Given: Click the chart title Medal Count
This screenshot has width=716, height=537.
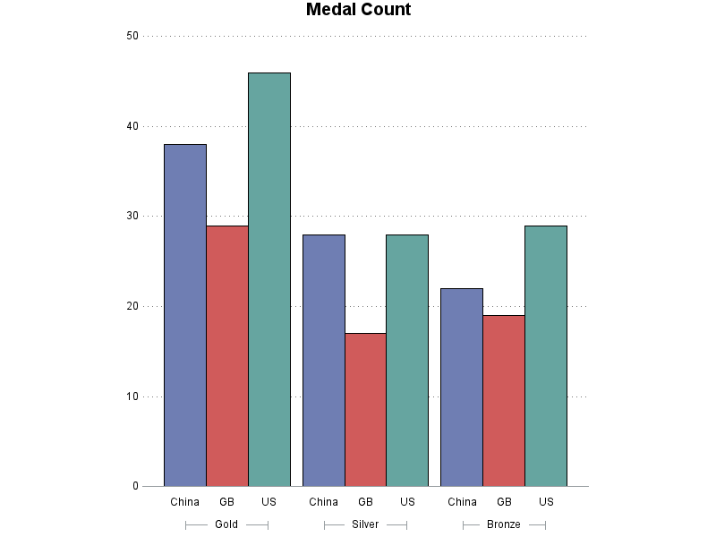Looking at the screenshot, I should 358,11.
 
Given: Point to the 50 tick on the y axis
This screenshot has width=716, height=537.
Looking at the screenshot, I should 132,36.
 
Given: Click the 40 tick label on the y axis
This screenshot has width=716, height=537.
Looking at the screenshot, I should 132,126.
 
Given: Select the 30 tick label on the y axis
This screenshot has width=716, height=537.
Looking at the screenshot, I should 132,216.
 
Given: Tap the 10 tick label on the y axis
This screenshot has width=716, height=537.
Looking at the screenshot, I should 132,396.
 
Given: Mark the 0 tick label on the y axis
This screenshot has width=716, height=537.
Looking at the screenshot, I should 135,487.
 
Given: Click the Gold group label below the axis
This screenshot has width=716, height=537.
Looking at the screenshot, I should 226,524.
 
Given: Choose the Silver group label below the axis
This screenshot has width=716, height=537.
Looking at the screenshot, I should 365,524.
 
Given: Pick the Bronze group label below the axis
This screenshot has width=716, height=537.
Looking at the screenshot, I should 504,524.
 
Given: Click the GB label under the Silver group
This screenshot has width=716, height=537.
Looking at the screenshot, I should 365,501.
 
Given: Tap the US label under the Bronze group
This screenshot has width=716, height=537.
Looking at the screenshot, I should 546,501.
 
